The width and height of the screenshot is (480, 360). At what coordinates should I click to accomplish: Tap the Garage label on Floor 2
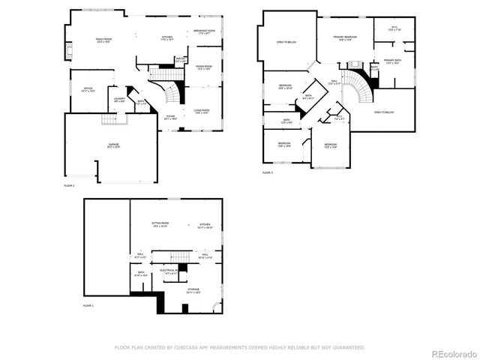click(112, 145)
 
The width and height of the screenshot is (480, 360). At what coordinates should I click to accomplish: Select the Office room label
click(88, 88)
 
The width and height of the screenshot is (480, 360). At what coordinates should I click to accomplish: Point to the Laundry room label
click(119, 98)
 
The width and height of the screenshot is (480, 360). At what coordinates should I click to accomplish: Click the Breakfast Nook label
click(204, 31)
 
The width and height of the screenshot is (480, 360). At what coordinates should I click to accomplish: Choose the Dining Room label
click(204, 67)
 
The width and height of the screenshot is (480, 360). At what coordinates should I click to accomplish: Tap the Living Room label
click(201, 111)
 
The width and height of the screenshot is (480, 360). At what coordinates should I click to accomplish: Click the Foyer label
click(171, 117)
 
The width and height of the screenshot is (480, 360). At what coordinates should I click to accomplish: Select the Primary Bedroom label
click(345, 36)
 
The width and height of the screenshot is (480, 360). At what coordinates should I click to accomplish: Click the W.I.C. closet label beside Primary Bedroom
click(394, 28)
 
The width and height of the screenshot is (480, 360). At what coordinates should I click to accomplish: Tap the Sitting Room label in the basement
click(160, 223)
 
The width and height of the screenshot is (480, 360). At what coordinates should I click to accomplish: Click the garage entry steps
click(109, 120)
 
